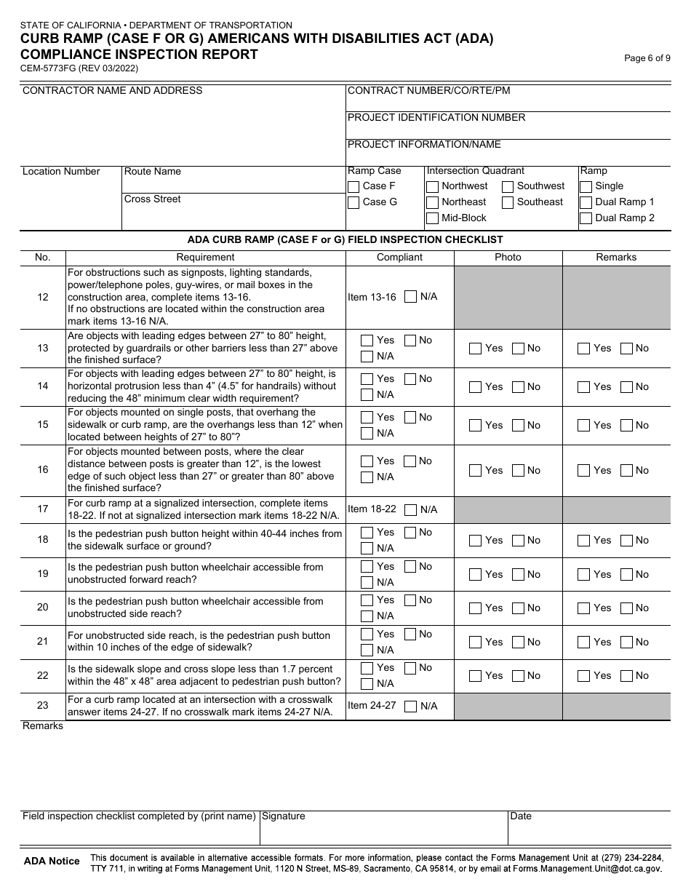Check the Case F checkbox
(354, 186)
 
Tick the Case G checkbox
(354, 202)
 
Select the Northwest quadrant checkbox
(433, 186)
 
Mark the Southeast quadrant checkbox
(508, 202)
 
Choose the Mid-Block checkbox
(433, 218)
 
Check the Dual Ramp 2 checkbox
(586, 218)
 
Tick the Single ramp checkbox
(586, 186)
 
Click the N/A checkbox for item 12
(411, 297)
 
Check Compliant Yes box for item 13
(367, 341)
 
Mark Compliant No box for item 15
(410, 418)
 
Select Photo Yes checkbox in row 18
(476, 541)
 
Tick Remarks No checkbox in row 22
(626, 676)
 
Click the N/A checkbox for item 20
(367, 616)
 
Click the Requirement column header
(205, 258)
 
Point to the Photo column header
(508, 258)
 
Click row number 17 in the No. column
(43, 509)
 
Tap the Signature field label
(284, 816)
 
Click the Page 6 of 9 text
(647, 59)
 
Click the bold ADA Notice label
(52, 862)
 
